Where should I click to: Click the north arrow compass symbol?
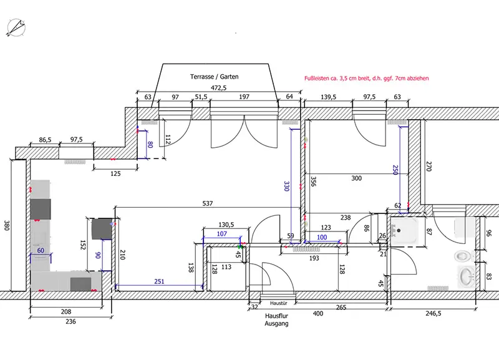click(16, 27)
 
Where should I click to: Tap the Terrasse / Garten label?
click(214, 77)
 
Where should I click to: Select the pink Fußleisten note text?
click(366, 79)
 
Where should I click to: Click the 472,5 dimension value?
click(219, 88)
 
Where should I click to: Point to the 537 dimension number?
click(208, 203)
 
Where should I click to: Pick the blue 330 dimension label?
click(286, 186)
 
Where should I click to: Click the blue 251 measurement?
click(159, 281)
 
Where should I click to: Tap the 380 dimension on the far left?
click(7, 225)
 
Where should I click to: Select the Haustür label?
click(278, 303)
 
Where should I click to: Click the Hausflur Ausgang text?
click(276, 320)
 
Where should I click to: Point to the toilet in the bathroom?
click(463, 256)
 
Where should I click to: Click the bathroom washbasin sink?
click(467, 276)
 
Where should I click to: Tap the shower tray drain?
click(399, 231)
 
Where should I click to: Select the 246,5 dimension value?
click(434, 314)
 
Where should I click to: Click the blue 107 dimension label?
click(222, 234)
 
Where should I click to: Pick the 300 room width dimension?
click(356, 178)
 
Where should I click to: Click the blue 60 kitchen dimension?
click(41, 251)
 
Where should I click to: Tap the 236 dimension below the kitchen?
click(70, 321)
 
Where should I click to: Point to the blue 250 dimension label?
click(395, 170)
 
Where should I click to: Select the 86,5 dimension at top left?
click(45, 140)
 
